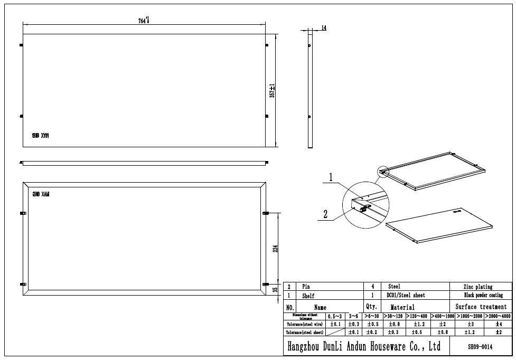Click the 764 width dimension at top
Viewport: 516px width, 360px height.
click(x=144, y=21)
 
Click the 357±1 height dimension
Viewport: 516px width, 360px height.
click(x=272, y=90)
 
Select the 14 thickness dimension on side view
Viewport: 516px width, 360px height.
click(x=323, y=28)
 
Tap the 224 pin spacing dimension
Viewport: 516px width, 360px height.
click(x=275, y=248)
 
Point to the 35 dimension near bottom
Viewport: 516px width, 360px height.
click(x=275, y=289)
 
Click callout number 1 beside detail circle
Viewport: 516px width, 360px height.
click(x=331, y=178)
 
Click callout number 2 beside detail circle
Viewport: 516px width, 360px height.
click(x=325, y=214)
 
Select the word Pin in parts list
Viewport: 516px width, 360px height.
click(x=306, y=287)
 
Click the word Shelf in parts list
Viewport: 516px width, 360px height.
click(x=308, y=296)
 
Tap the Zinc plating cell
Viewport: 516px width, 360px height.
click(x=479, y=287)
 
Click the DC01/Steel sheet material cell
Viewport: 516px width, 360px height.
click(x=406, y=296)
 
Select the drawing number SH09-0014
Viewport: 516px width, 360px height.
click(x=480, y=347)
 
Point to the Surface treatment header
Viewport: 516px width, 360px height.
click(x=481, y=307)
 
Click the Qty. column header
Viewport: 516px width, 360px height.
click(x=371, y=306)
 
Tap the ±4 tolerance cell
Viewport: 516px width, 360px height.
click(x=498, y=324)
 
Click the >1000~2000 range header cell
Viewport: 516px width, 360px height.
click(x=470, y=316)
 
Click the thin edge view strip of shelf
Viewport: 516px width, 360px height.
click(x=144, y=163)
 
